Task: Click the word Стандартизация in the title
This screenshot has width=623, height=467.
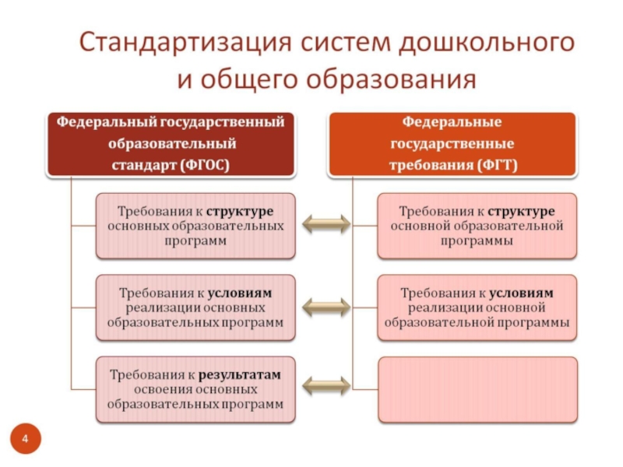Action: (x=185, y=43)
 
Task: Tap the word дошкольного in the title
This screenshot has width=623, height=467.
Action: (x=487, y=43)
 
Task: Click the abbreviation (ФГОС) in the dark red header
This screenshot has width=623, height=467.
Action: (x=205, y=165)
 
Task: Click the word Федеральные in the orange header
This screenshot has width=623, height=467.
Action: (x=452, y=121)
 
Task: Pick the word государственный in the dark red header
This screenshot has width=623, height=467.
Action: (x=222, y=122)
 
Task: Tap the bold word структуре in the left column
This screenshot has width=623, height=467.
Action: (x=240, y=211)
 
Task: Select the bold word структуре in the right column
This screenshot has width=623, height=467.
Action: (x=521, y=211)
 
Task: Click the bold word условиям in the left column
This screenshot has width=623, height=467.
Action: (x=240, y=293)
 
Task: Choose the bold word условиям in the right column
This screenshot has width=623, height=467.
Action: (x=521, y=293)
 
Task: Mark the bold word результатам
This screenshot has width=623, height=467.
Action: (x=240, y=374)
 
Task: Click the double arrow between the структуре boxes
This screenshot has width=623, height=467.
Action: (x=326, y=224)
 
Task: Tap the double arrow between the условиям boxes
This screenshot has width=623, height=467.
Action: (x=326, y=307)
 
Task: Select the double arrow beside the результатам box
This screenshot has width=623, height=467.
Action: (x=326, y=385)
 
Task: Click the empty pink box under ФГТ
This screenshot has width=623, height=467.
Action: (x=477, y=390)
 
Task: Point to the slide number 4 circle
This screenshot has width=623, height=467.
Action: (x=26, y=439)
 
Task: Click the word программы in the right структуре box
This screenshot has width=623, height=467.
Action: (x=477, y=241)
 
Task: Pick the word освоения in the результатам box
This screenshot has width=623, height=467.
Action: (x=161, y=390)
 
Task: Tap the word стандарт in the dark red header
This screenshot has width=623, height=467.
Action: (x=143, y=165)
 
